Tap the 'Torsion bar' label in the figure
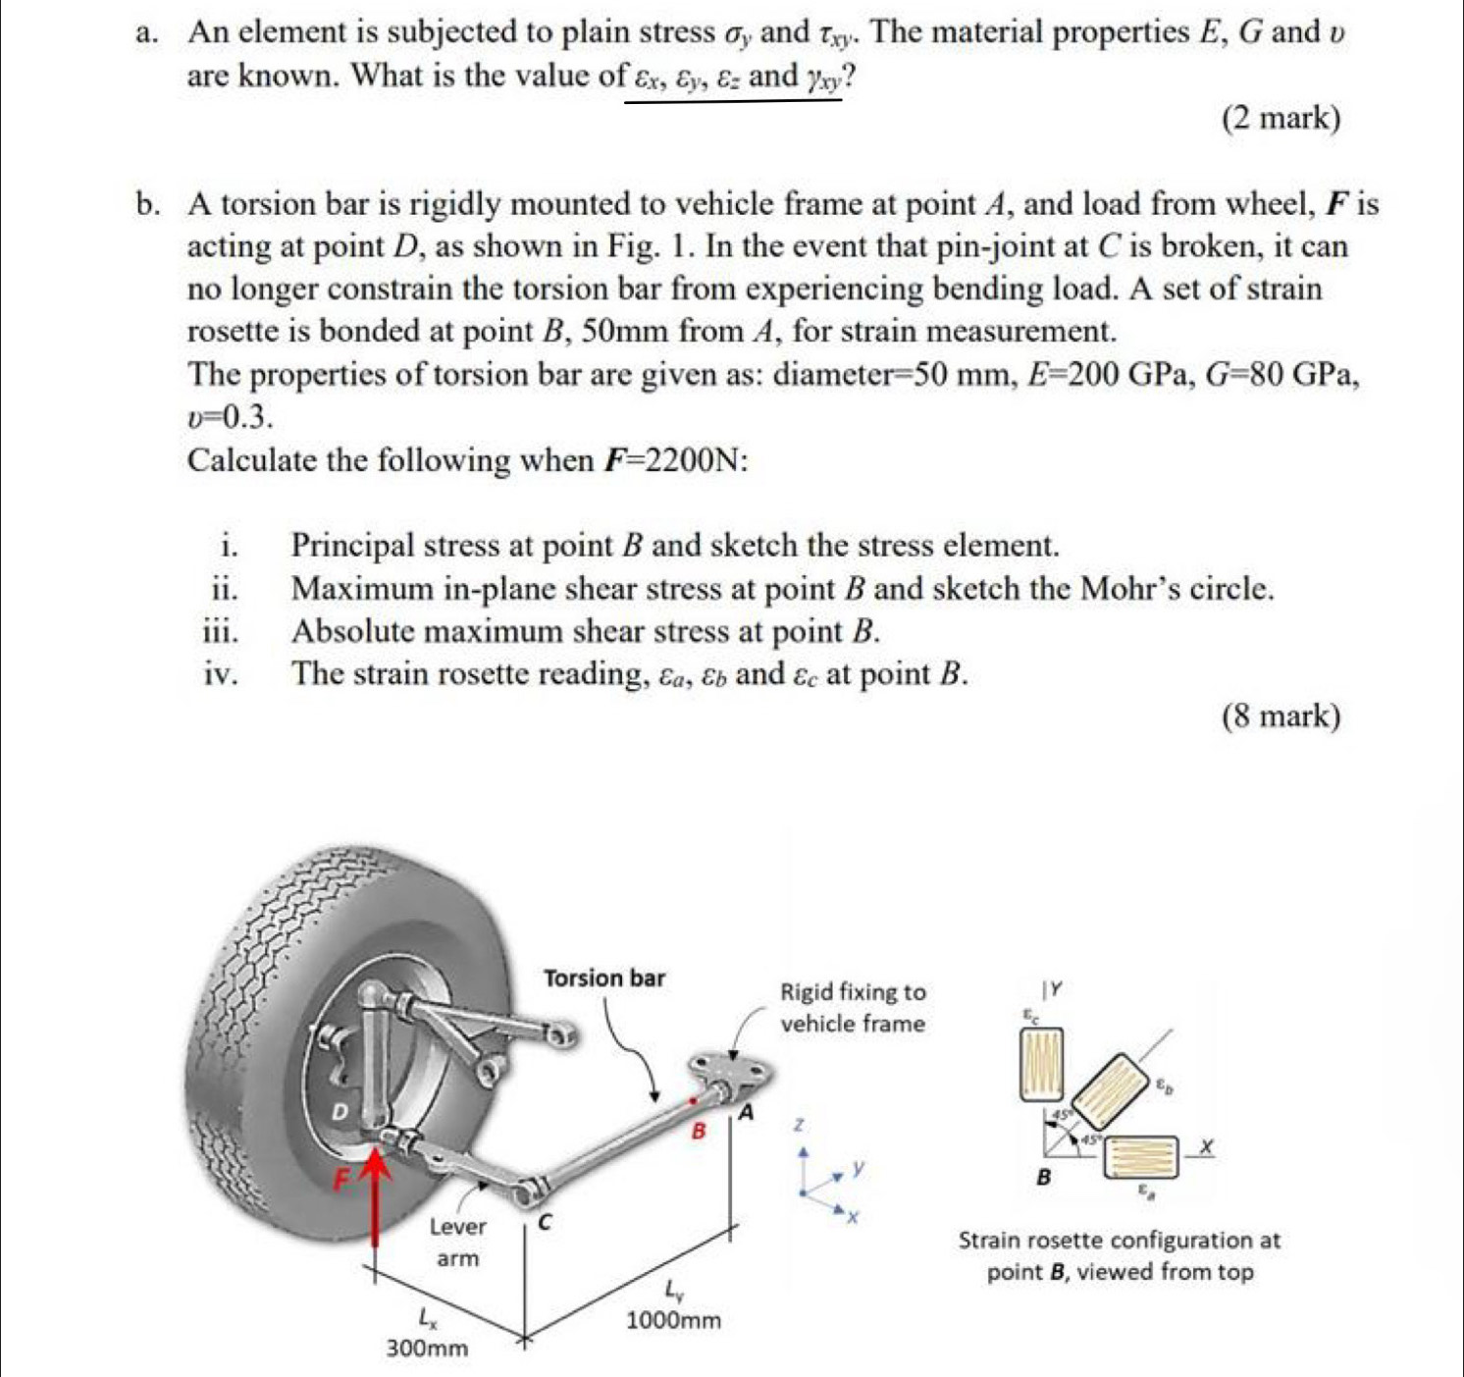603,979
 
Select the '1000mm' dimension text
673,1320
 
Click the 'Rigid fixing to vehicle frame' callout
852,1008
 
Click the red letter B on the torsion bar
699,1131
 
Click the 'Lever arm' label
457,1243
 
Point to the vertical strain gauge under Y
1044,1064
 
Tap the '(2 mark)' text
1281,119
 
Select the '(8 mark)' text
1281,716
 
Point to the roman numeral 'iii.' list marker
221,631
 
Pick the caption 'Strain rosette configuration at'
1119,1241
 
